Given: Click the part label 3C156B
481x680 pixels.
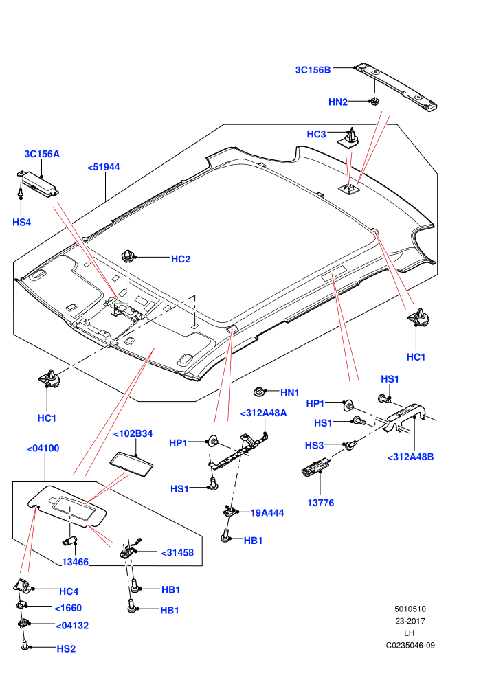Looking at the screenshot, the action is click(313, 70).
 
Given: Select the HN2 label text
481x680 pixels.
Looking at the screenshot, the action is click(338, 102).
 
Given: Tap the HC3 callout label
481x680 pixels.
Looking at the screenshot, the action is click(316, 134).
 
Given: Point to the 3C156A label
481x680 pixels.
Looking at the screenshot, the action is click(42, 154).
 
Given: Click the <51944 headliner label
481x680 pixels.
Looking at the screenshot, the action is click(104, 167).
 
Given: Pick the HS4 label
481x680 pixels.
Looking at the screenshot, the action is click(22, 222).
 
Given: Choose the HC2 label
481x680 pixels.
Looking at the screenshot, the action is click(181, 259).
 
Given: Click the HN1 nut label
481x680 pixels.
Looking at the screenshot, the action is click(290, 392).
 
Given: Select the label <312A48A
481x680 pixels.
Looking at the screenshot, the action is click(264, 413).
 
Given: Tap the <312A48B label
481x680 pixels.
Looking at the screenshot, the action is click(410, 457).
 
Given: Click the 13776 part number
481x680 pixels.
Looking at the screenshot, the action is click(320, 503).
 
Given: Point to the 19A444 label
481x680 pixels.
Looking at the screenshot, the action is click(267, 513).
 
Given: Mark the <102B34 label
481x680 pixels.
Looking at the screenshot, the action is click(133, 433).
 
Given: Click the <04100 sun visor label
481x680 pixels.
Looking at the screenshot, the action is click(43, 449).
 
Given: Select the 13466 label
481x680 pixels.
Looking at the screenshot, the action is click(75, 562).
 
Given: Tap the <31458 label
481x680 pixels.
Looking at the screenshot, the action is click(177, 552).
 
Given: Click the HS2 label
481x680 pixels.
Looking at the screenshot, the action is click(66, 649).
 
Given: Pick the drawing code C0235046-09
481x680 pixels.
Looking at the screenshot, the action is click(410, 645).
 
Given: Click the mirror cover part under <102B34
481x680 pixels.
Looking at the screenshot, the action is click(132, 465).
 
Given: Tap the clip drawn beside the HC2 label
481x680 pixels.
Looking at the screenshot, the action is click(128, 256).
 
